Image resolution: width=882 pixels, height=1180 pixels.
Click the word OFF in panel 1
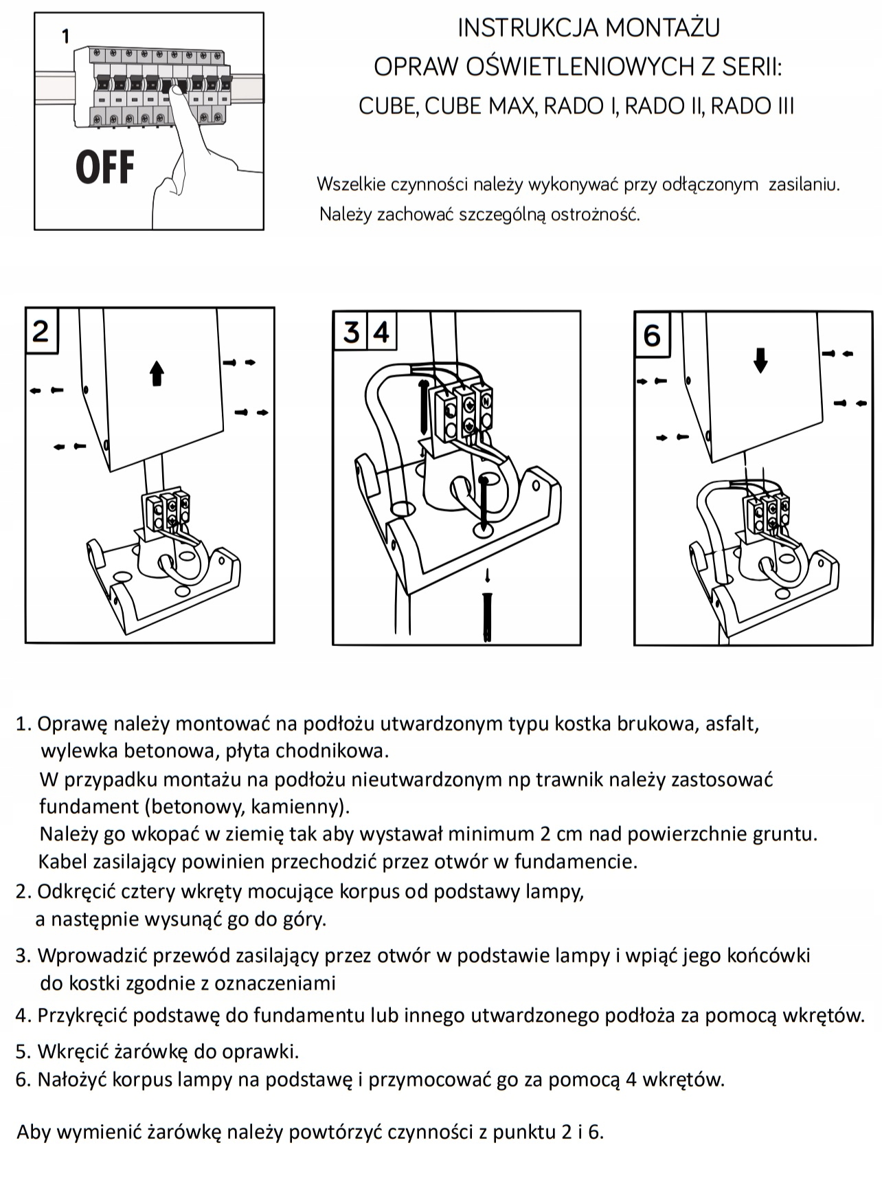tap(105, 168)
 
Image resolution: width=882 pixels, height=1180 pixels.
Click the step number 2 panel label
tap(41, 331)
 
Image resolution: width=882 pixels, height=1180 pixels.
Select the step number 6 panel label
tap(651, 335)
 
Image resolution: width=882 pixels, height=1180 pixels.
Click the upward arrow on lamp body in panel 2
tap(157, 373)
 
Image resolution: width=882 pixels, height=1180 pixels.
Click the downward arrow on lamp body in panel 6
tap(760, 359)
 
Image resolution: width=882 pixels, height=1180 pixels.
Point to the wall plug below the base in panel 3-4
tap(487, 615)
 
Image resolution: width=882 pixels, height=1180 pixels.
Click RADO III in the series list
tap(752, 107)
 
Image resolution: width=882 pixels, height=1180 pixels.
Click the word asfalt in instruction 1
tap(732, 724)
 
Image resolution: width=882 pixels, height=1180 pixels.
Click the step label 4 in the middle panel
tap(381, 333)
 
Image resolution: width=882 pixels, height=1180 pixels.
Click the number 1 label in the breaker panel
tap(65, 36)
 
